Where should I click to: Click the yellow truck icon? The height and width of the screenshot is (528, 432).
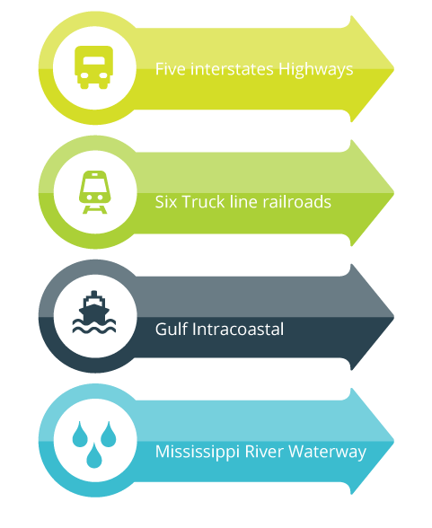[94, 67]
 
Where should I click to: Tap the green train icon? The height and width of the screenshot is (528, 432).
[94, 192]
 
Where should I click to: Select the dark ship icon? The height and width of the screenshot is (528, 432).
[94, 312]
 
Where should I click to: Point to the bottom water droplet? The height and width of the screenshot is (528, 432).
[94, 455]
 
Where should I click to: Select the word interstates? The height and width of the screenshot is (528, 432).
[232, 68]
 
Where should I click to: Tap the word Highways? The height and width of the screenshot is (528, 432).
[316, 70]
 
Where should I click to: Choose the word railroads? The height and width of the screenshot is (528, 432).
[296, 202]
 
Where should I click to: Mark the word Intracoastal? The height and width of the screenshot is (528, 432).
[238, 329]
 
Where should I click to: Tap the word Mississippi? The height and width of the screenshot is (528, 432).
[198, 453]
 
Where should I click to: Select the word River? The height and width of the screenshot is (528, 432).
[264, 452]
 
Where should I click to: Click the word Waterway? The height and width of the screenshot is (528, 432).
[327, 453]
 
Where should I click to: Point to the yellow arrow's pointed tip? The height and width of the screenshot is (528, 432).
[394, 69]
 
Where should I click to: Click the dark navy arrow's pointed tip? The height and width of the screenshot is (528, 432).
[394, 317]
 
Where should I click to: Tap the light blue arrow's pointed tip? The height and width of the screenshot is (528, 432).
[394, 441]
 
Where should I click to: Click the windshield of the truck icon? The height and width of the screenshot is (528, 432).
[94, 61]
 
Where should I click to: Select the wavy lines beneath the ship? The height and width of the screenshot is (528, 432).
[94, 327]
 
